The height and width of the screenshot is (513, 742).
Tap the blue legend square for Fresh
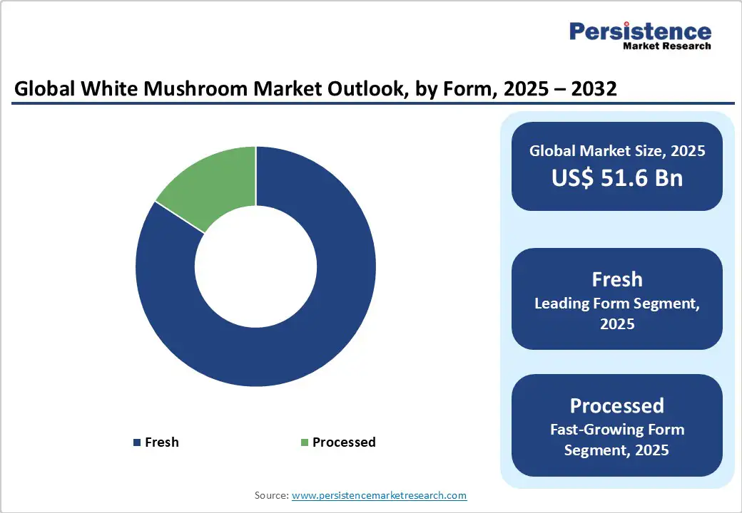pos(136,442)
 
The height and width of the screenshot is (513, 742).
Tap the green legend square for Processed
pos(305,442)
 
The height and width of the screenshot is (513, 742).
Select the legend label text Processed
pos(344,442)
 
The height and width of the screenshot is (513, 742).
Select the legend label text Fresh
pos(162,442)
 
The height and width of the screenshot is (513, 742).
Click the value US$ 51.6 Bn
pos(617,177)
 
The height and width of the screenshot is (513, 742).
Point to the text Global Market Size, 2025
pos(617,151)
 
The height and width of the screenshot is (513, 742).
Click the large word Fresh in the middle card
pos(617,279)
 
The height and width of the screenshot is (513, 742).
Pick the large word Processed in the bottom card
pos(617,405)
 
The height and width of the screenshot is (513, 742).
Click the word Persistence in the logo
pos(640,31)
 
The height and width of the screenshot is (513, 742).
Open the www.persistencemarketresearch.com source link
pos(379,494)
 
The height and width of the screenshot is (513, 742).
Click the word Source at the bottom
pos(270,494)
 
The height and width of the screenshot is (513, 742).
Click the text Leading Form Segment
pos(617,304)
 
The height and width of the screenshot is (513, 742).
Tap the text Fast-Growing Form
pos(617,430)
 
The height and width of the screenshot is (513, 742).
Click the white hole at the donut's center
pos(256,266)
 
